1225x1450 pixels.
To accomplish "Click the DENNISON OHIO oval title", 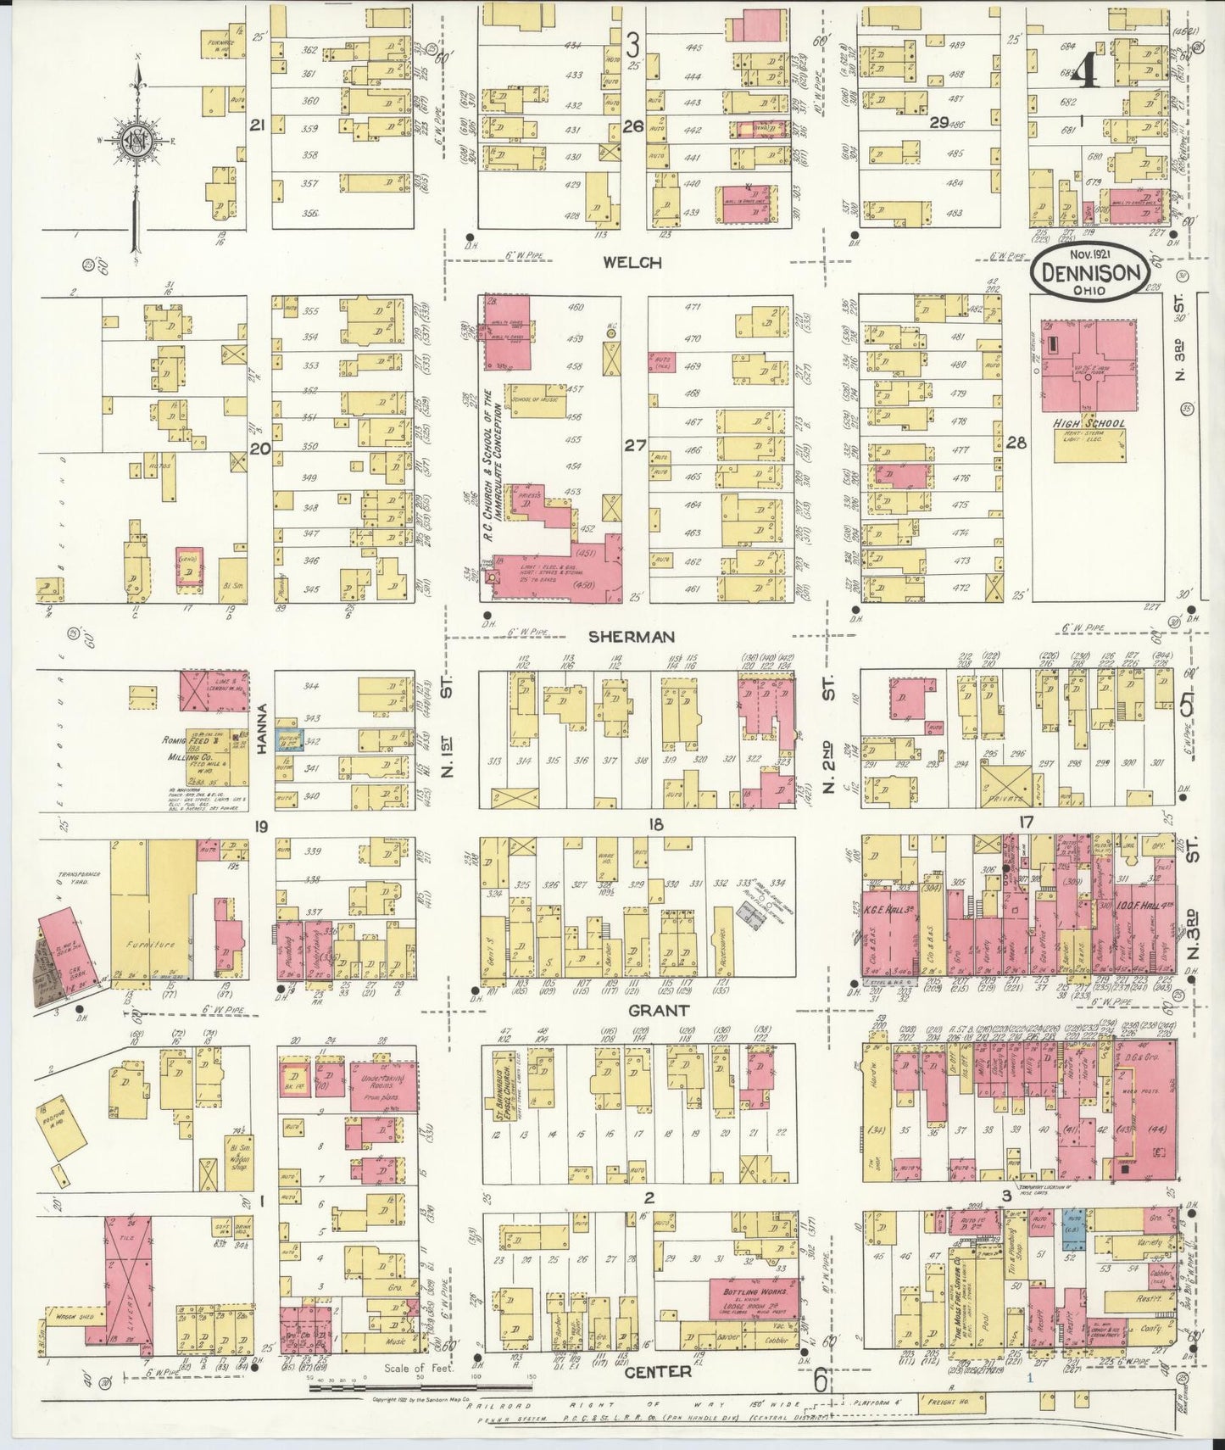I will pos(1089,274).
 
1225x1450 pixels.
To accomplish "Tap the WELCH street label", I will pos(632,263).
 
